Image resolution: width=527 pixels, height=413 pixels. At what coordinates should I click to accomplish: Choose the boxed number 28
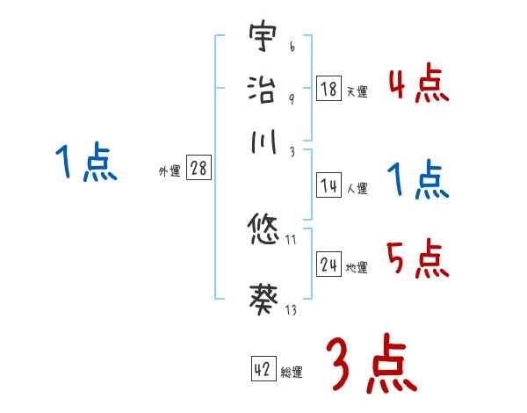[199, 169]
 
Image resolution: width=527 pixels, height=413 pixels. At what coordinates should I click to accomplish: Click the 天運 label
[357, 91]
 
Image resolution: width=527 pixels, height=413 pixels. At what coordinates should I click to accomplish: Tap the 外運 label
[169, 171]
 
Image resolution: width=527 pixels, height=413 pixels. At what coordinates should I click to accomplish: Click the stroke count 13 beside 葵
[291, 310]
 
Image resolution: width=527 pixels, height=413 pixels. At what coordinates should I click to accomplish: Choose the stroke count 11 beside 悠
[291, 240]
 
